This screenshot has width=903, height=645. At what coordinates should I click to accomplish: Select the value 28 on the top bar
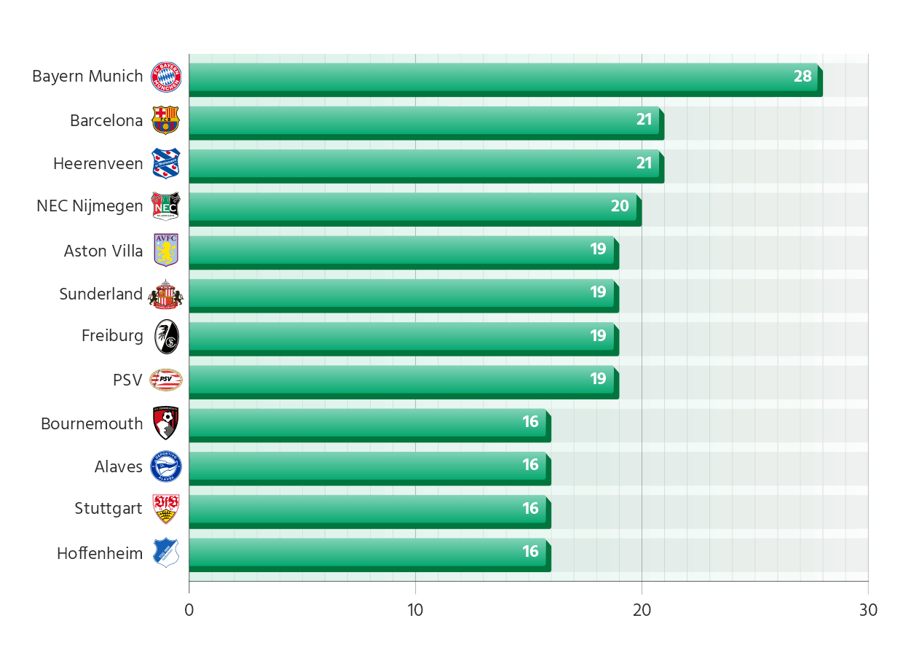[x=803, y=77]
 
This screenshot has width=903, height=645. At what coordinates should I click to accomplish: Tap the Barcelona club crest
[x=165, y=120]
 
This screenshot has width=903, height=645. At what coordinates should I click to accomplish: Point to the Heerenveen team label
[x=98, y=164]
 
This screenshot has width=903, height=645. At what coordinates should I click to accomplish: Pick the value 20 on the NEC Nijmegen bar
[x=620, y=206]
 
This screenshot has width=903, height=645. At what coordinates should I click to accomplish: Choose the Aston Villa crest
[x=166, y=249]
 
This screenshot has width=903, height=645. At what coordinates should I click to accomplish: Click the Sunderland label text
[x=101, y=294]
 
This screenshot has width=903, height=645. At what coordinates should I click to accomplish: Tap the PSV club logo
[x=166, y=379]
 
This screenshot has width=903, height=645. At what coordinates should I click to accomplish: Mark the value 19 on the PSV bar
[x=598, y=379]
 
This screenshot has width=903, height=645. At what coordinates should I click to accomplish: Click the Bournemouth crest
[x=166, y=423]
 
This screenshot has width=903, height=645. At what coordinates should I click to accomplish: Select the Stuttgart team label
[x=109, y=509]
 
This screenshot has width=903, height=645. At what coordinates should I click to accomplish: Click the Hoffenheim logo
[x=166, y=552]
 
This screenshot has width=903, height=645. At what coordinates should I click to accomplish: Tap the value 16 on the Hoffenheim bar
[x=530, y=552]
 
